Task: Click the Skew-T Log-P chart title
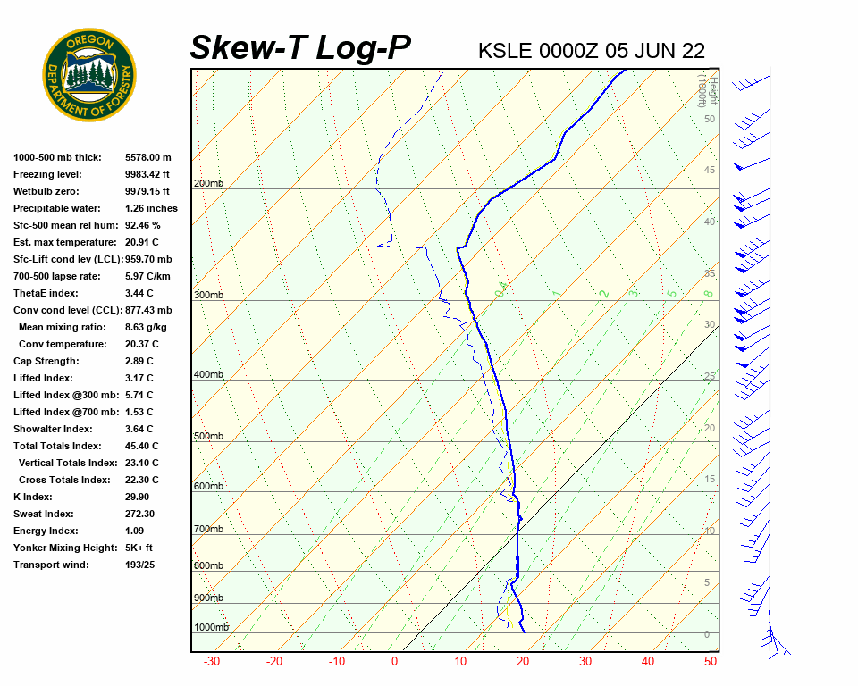(x=301, y=47)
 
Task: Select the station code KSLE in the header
(x=506, y=50)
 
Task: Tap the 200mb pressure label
(x=208, y=184)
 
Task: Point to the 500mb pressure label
(x=208, y=437)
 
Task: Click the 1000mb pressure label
(x=212, y=628)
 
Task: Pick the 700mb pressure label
(x=208, y=530)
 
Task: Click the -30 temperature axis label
(x=212, y=662)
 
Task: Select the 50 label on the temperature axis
(x=711, y=662)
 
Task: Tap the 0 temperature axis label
(x=394, y=662)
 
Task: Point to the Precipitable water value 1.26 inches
(x=151, y=208)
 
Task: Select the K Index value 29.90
(x=138, y=497)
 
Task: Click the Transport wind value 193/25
(x=141, y=565)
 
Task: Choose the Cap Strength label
(x=46, y=361)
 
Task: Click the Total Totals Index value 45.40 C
(x=142, y=446)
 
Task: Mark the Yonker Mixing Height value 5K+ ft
(x=139, y=548)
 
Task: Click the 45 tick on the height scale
(x=710, y=171)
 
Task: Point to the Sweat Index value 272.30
(x=140, y=514)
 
